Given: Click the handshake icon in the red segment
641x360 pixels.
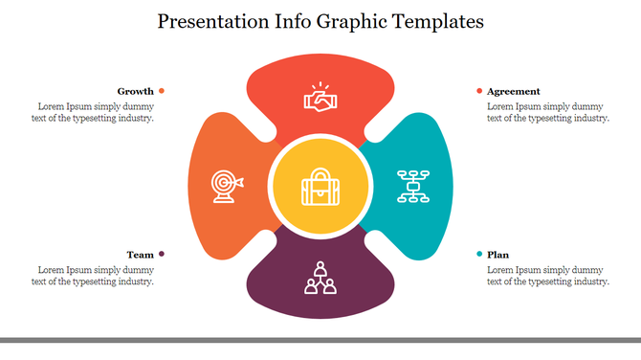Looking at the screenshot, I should point(320,96).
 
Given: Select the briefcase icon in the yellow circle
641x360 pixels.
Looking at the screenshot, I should point(320,186).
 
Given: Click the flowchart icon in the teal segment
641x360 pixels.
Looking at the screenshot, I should point(413,185).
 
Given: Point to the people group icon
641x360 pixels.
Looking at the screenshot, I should point(320,277).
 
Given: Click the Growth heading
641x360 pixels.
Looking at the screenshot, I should point(135,91).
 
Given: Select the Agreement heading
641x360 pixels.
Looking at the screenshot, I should point(513,91).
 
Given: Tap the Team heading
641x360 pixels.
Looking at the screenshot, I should point(140,255).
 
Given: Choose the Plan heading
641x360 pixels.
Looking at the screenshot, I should point(497,255).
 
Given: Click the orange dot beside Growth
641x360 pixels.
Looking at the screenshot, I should point(162,91).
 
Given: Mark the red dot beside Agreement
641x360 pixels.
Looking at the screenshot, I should point(479,91).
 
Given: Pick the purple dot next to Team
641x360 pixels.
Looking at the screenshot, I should point(162,255).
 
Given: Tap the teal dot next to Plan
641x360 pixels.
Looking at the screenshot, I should point(479,255).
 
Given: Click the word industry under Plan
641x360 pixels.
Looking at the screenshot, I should point(589,281).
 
